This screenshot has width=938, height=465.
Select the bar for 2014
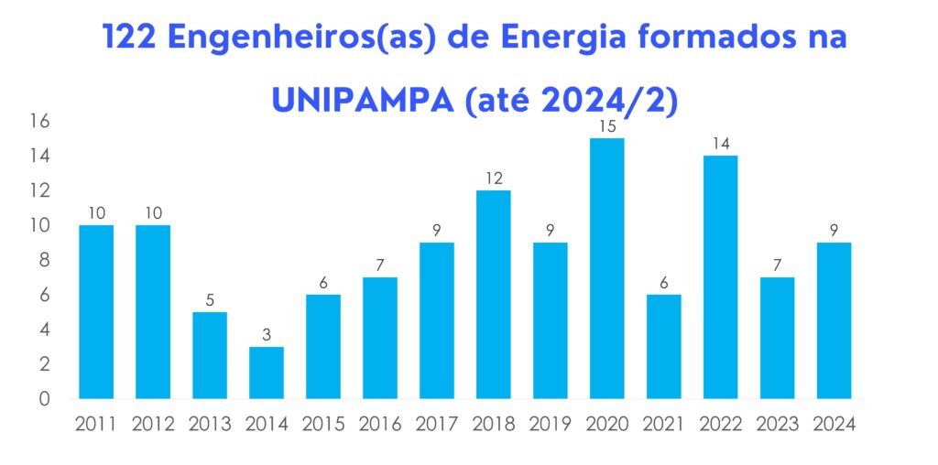266,373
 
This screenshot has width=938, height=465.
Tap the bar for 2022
720,276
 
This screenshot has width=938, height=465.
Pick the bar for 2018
493,294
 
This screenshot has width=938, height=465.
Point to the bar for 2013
209,355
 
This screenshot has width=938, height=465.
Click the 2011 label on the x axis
95,424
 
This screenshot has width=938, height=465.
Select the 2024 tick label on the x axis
834,424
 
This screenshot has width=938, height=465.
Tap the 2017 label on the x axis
436,424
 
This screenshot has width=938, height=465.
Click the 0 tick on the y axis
44,399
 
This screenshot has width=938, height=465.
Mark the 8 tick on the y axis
44,261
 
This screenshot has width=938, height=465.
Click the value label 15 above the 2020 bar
606,126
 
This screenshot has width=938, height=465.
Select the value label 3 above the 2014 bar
266,335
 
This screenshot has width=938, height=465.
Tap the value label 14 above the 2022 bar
720,144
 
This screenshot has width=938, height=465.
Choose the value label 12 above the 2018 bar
493,178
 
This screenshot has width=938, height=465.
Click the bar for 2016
379,338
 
